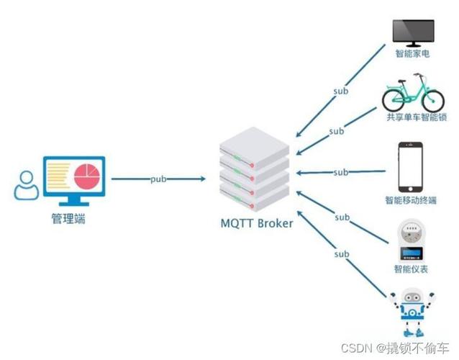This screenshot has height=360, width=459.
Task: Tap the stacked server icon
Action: click(255, 169)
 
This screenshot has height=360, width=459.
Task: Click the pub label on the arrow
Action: click(160, 178)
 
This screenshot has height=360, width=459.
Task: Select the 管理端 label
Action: click(69, 219)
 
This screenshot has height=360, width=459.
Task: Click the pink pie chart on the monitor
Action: click(87, 175)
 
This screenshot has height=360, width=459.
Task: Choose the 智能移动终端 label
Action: click(412, 200)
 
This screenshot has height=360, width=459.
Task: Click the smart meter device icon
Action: click(411, 240)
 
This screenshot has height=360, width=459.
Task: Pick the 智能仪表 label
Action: click(412, 269)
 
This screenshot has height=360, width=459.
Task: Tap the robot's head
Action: click(412, 298)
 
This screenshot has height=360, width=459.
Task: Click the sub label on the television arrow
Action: click(341, 91)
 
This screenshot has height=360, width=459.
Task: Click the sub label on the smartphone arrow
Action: click(341, 173)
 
